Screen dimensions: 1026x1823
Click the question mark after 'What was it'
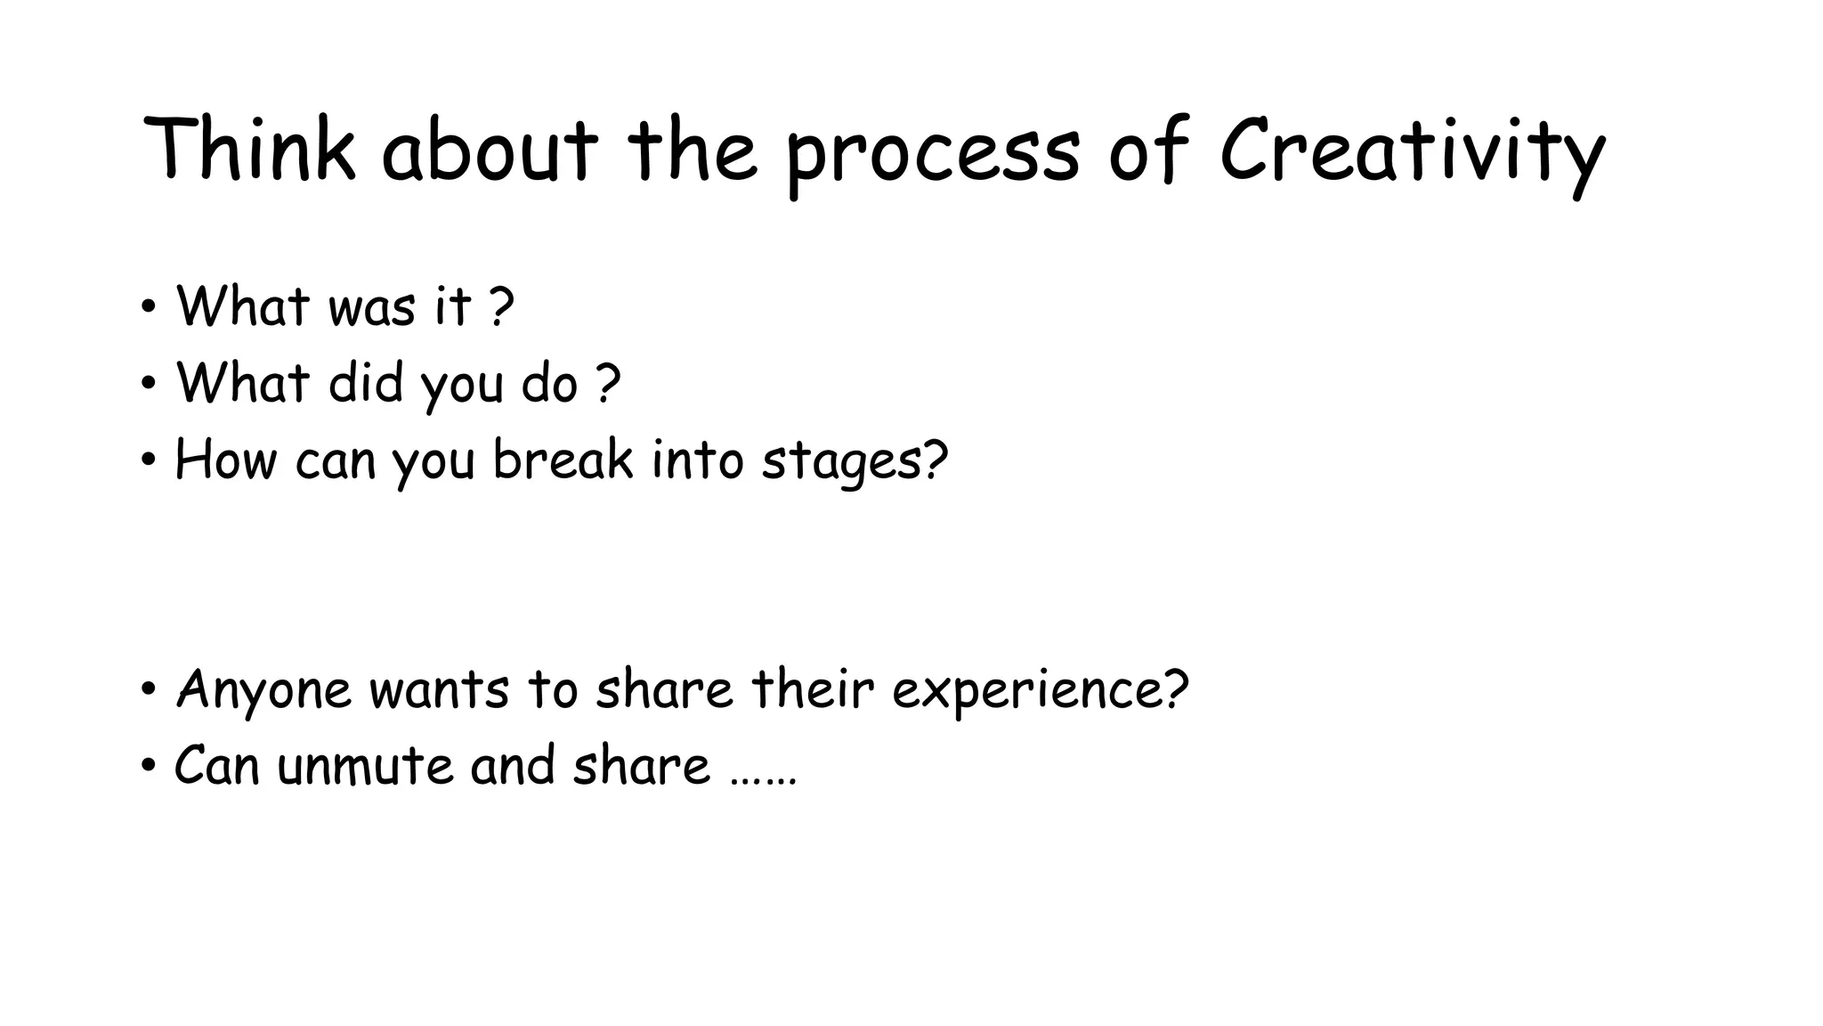[x=502, y=306]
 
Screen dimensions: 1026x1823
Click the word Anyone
[x=264, y=690]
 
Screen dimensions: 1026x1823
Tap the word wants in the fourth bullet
[x=439, y=690]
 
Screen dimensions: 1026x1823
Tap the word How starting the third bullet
[x=225, y=460]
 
